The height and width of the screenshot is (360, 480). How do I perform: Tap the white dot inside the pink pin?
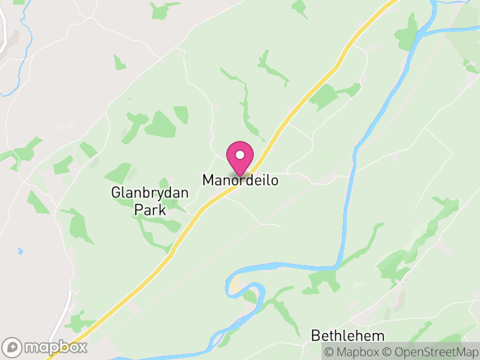click(x=240, y=155)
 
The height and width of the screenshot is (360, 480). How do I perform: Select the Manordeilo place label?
click(x=240, y=179)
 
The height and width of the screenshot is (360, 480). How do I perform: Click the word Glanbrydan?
click(x=150, y=193)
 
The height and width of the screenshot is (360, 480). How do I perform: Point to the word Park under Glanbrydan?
click(x=150, y=209)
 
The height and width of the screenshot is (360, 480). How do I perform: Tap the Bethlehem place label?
click(x=347, y=335)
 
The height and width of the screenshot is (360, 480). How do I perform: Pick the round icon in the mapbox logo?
click(x=13, y=347)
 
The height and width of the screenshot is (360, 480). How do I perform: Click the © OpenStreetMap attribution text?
click(x=428, y=352)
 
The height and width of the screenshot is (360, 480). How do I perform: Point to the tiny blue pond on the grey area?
click(x=20, y=251)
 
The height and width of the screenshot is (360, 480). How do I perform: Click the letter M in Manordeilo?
click(x=208, y=179)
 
